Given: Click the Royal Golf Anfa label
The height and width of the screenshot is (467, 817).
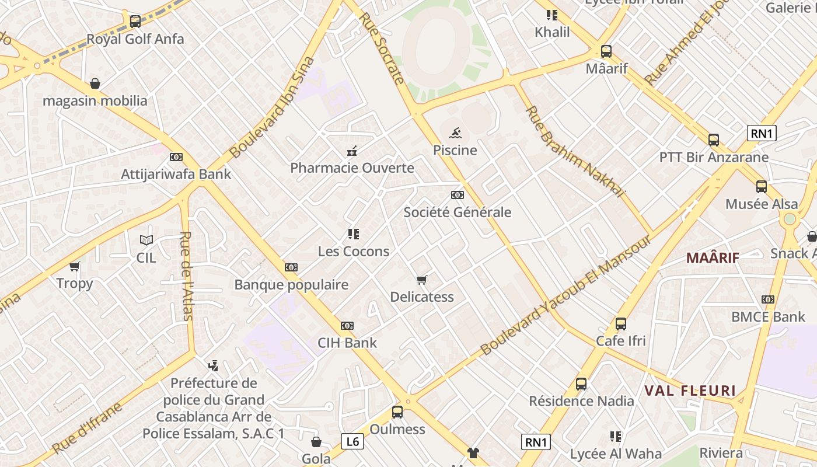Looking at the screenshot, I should point(135,39).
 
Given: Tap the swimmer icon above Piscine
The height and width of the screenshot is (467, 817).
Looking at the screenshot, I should point(455,133).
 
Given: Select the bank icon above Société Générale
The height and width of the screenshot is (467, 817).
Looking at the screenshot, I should point(458,195).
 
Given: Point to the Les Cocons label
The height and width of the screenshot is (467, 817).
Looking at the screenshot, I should point(354,252).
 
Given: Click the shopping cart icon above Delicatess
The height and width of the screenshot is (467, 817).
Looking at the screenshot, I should point(422,280).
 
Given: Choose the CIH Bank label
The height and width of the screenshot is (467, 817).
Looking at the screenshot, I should point(347,343).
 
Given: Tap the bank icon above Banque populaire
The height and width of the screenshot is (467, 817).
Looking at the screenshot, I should point(291,267).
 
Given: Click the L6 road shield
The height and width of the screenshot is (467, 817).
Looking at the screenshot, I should point(352,441).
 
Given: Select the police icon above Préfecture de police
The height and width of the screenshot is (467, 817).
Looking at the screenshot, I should point(213,366).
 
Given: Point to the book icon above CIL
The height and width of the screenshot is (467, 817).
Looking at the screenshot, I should point(146,240).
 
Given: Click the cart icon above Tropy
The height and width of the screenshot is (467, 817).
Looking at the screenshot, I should point(74,267).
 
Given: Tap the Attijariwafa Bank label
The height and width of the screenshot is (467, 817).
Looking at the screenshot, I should point(176,174).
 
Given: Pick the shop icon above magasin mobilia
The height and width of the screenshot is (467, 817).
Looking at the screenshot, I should point(95,83).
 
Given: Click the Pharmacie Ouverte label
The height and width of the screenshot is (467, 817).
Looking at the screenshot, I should point(352,168).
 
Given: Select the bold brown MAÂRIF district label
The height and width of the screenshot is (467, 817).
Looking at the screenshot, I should point(713,258).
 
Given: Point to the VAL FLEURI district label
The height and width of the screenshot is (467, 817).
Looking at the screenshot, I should point(690,391).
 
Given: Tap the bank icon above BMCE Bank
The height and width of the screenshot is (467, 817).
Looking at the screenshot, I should point(768,299).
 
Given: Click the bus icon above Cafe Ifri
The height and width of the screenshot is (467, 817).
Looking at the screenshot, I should point(620,323).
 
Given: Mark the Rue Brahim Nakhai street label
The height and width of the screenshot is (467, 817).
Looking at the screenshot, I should point(575,151).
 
